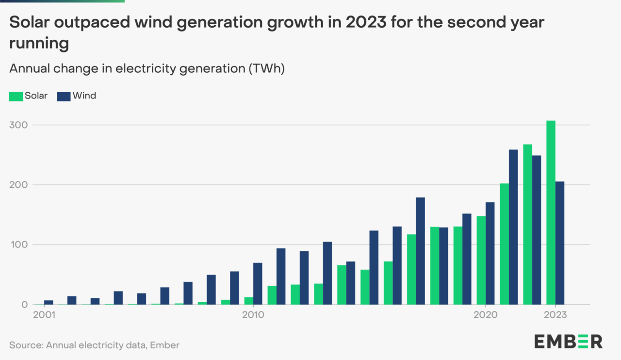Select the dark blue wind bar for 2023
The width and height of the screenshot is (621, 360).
[560, 243]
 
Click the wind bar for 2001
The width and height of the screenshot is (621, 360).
[49, 302]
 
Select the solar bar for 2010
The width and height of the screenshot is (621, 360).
[248, 301]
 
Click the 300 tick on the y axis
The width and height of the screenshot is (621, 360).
[18, 125]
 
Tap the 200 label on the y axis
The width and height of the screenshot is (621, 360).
[18, 185]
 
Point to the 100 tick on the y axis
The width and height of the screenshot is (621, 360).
[18, 245]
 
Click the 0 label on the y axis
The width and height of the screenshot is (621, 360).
[24, 305]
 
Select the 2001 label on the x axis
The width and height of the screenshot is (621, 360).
[44, 315]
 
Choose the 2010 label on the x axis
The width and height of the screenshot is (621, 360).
[253, 315]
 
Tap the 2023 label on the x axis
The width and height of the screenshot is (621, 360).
[555, 315]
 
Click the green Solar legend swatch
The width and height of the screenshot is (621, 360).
[16, 96]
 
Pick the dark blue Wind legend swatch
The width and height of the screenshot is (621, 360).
[64, 96]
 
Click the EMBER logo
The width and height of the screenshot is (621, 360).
[568, 341]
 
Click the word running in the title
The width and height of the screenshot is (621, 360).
[39, 44]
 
